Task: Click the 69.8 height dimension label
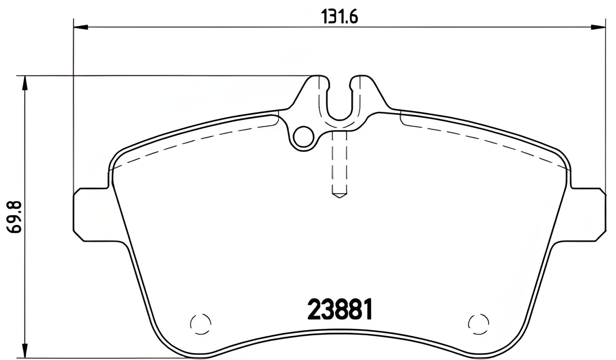point(14,217)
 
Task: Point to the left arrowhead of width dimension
point(81,28)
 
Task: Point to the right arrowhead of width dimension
point(598,28)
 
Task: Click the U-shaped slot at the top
point(339,103)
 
